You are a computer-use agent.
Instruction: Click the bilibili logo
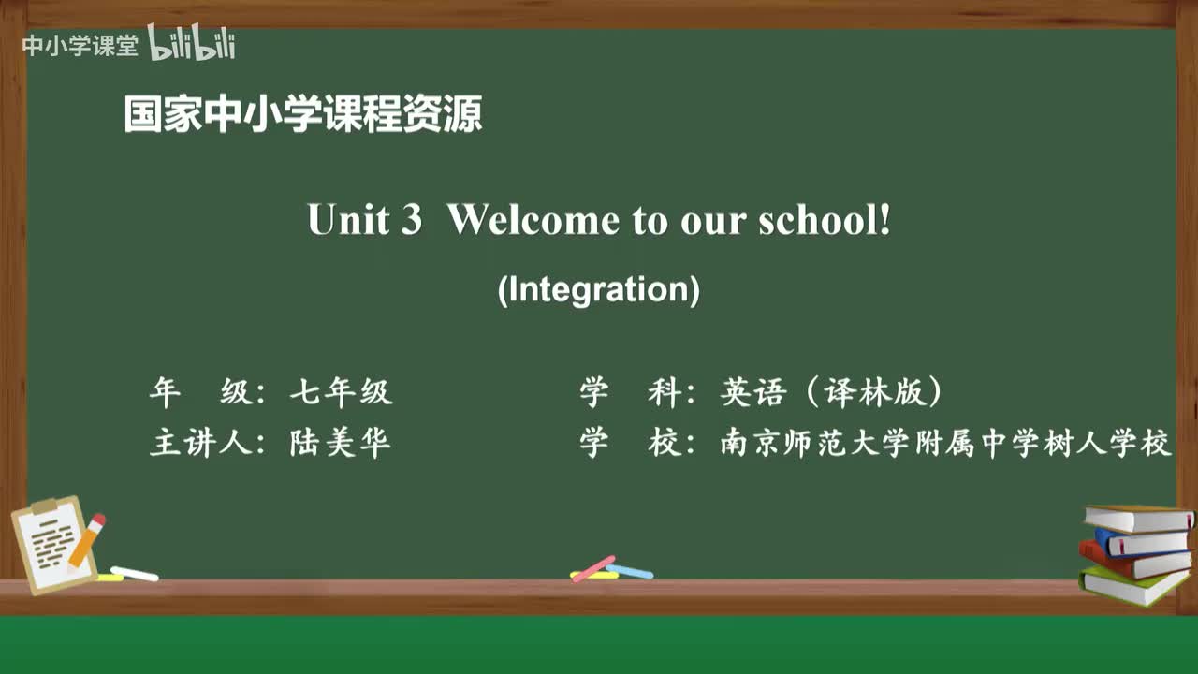click(192, 43)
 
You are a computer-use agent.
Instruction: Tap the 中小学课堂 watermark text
click(80, 45)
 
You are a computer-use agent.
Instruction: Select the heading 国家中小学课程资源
click(303, 115)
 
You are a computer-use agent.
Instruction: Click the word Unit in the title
click(347, 220)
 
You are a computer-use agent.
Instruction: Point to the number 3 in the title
click(411, 220)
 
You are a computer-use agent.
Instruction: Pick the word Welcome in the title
click(533, 220)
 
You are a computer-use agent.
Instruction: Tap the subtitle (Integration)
click(598, 289)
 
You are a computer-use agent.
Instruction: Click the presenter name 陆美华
click(341, 443)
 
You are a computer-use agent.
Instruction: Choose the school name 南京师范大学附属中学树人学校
click(945, 443)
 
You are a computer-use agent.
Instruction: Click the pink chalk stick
click(593, 568)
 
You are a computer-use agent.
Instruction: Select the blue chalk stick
click(630, 570)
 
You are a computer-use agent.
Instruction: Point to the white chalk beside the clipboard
click(135, 573)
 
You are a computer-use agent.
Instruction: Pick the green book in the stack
click(1132, 586)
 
